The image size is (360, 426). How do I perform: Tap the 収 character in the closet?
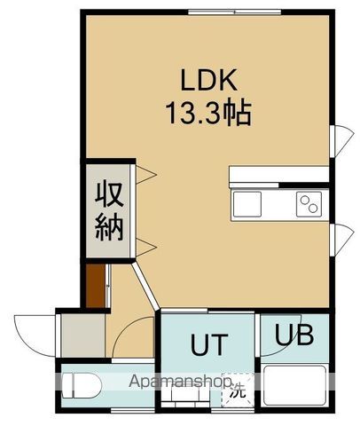[110, 193]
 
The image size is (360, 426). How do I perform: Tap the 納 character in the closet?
[110, 226]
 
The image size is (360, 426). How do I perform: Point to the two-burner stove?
[310, 205]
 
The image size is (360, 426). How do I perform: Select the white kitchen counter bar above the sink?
[278, 176]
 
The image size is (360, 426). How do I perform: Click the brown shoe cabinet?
[97, 288]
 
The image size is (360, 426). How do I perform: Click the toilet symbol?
[82, 384]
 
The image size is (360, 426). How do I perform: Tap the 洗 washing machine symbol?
[235, 388]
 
